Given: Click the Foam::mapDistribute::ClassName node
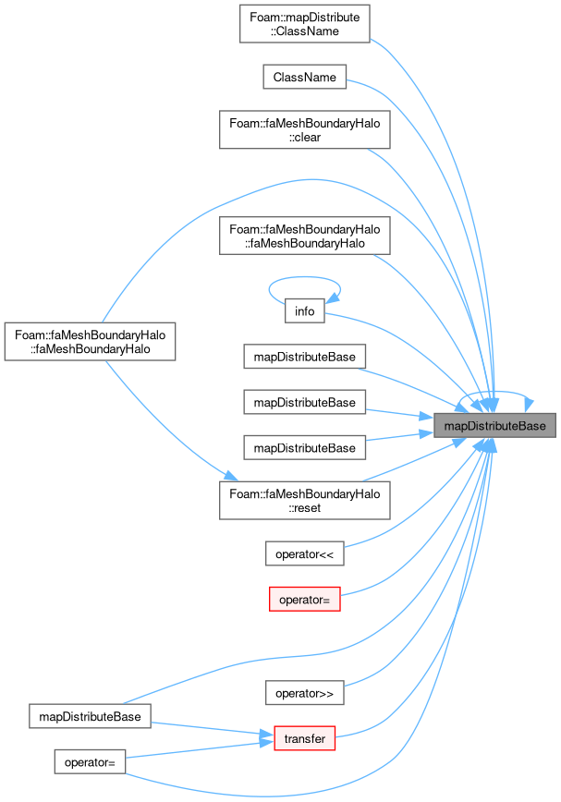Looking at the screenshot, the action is point(304,24).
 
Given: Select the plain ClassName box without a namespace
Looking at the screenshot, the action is point(304,77).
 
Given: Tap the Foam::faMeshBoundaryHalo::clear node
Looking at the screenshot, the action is point(304,130).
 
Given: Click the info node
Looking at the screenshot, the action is point(304,311).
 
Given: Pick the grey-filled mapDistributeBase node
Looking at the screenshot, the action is point(494,426).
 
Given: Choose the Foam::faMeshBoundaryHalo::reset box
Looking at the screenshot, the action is point(304,501).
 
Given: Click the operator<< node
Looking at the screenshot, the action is point(304,554).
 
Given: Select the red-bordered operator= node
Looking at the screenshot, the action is point(304,600).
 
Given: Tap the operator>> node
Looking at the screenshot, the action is point(304,693).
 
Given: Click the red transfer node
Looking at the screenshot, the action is point(304,738).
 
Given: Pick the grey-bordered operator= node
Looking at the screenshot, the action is point(90,762).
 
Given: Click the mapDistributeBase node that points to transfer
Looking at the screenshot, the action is point(90,716).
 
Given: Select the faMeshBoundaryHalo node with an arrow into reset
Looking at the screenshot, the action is point(90,342).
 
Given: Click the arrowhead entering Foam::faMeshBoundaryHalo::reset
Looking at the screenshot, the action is point(231,476).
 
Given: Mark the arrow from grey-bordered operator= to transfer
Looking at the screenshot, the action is point(200,750).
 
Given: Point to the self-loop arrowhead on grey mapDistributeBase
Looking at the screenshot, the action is point(529,404).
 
